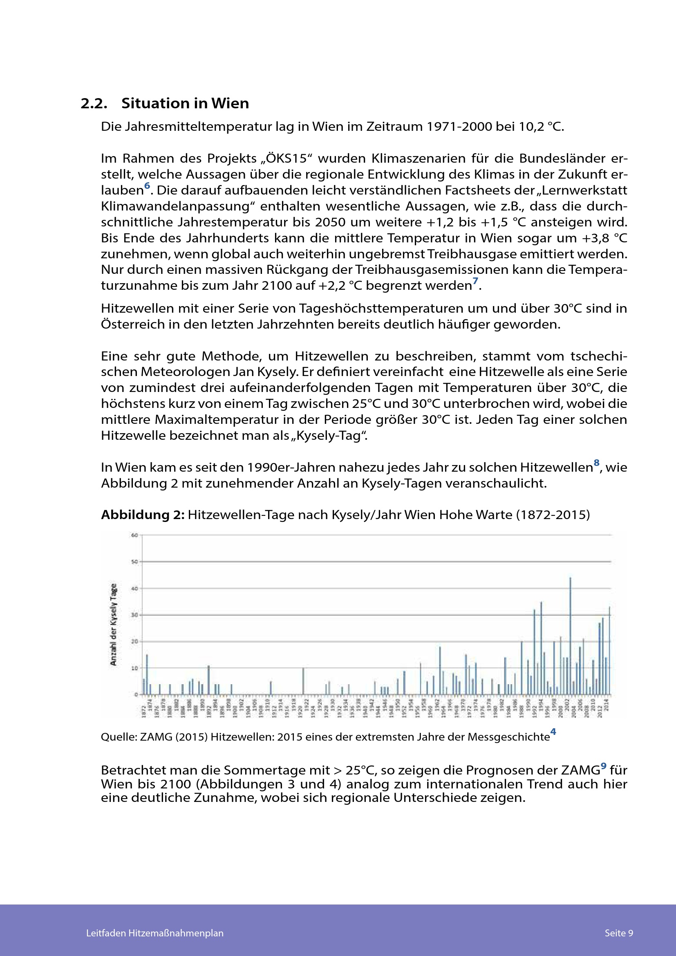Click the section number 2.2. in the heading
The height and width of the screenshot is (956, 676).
[94, 103]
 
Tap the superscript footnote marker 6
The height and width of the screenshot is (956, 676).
[147, 186]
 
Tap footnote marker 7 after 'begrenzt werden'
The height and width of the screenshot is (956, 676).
[475, 281]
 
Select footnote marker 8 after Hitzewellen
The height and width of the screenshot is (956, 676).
[597, 463]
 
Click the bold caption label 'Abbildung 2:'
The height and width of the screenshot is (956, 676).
[142, 515]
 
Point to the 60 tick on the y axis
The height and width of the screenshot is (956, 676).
[134, 535]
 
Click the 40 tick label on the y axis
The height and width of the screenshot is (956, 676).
[134, 588]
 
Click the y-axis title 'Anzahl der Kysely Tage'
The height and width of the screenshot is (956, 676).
[113, 625]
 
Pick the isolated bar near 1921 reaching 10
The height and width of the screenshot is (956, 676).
[303, 682]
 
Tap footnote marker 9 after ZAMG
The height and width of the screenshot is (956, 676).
[604, 766]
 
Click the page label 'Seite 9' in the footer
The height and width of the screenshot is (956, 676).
[618, 933]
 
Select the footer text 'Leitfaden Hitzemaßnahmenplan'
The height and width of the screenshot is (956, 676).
[155, 933]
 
